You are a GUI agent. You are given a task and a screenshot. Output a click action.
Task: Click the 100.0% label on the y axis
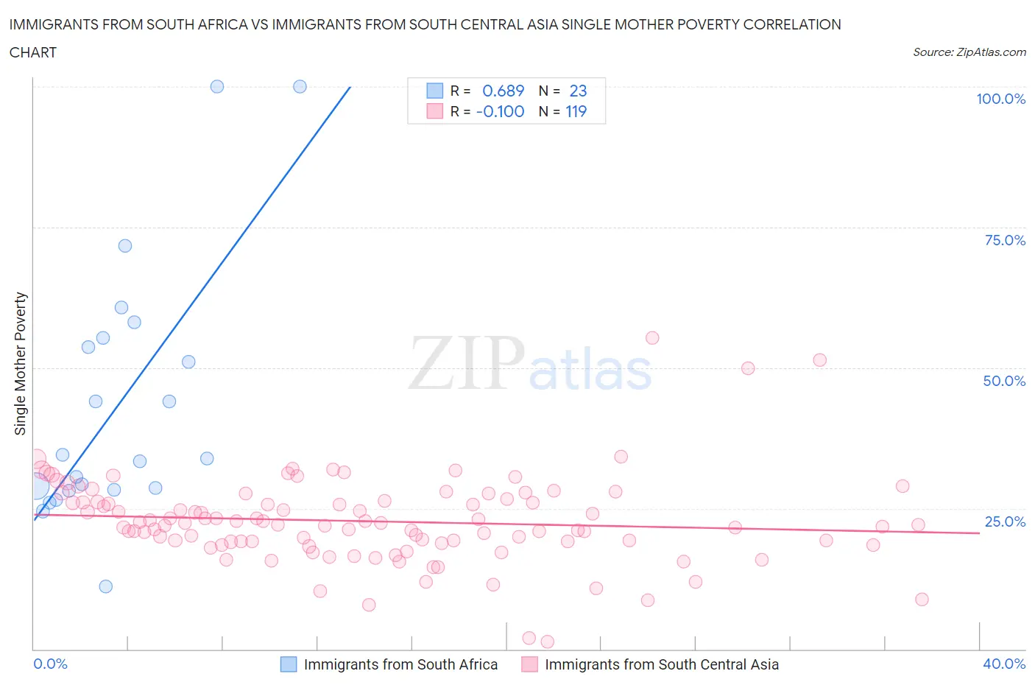(1000, 99)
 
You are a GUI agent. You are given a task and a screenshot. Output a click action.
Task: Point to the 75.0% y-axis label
(1004, 240)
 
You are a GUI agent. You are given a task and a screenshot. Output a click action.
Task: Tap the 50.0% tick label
(1004, 381)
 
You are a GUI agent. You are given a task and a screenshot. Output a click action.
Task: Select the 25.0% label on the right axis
(1004, 521)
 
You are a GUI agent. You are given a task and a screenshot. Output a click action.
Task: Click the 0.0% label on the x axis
(50, 664)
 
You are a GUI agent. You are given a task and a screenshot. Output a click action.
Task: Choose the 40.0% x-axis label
(1004, 664)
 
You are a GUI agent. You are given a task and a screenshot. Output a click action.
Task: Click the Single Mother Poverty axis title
(20, 363)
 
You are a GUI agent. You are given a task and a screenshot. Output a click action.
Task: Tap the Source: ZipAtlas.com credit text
(969, 52)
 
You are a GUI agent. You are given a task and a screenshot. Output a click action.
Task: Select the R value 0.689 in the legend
(503, 91)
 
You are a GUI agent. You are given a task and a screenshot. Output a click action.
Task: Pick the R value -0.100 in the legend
(501, 111)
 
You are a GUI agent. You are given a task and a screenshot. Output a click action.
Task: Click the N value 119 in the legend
(576, 111)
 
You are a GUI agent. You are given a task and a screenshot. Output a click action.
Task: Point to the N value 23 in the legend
(578, 91)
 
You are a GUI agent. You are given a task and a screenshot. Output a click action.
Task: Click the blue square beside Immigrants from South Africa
(289, 664)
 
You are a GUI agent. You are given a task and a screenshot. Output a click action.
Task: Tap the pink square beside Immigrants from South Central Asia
(529, 664)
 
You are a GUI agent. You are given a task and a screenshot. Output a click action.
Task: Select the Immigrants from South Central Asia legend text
(661, 664)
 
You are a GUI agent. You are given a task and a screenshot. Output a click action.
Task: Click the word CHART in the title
(33, 52)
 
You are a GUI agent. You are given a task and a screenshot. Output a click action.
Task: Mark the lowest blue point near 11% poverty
(106, 586)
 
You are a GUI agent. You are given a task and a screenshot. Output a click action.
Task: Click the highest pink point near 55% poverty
(652, 338)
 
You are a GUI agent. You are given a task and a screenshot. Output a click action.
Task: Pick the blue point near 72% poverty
(125, 246)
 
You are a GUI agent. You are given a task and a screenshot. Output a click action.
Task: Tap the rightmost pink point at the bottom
(922, 600)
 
